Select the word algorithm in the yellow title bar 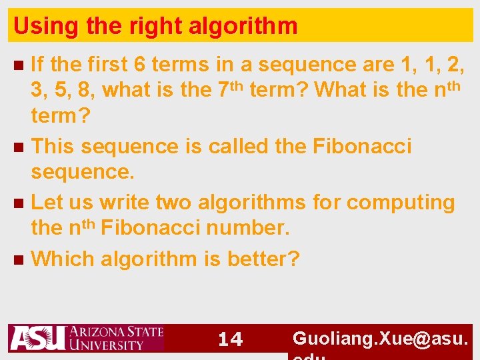(243, 26)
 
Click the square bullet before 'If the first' (19, 65)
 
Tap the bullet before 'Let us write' (19, 203)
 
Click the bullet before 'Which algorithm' (19, 259)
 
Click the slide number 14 (231, 339)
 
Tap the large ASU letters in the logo (37, 338)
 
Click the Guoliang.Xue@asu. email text (381, 339)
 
